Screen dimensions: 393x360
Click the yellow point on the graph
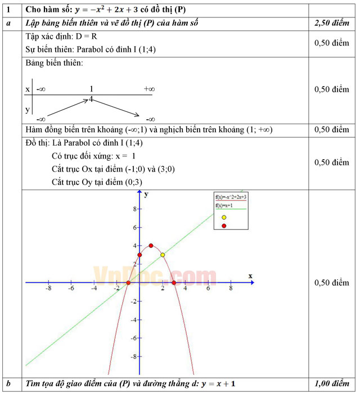pos(163,255)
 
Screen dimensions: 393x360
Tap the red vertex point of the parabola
pos(151,246)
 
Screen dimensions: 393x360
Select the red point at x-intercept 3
pos(174,283)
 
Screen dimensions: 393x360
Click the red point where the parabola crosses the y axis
pos(139,255)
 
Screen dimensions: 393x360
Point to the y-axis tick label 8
pos(134,209)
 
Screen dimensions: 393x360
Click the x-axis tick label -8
pos(48,288)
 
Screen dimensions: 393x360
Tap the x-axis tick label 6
pos(208,288)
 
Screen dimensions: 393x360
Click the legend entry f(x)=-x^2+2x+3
pos(231,197)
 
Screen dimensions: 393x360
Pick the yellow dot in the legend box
pos(224,217)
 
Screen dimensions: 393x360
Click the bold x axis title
pos(250,275)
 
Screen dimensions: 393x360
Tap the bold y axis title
pos(146,194)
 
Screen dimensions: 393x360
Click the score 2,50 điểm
pos(332,24)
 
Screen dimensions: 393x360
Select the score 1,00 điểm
pos(332,383)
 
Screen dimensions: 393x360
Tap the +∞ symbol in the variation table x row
pos(149,89)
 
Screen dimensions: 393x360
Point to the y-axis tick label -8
pos(133,356)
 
